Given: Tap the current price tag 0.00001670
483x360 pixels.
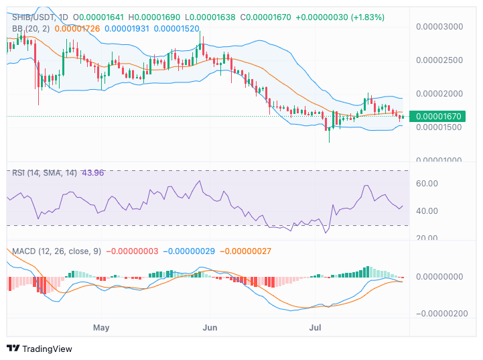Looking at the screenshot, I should click(x=439, y=116).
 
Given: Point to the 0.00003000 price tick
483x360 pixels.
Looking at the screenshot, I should click(x=439, y=27).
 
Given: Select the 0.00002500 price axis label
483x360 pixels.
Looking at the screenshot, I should click(x=439, y=60).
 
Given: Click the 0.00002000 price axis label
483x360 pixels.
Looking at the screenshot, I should click(x=439, y=94).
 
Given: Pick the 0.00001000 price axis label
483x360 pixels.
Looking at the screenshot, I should click(x=439, y=160).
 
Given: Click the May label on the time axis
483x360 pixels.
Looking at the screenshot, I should click(x=101, y=328).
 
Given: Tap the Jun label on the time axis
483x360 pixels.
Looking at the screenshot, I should click(x=210, y=328).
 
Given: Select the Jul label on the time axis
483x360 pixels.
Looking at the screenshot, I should click(x=316, y=328).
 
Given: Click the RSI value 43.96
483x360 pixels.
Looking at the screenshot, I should click(x=94, y=173).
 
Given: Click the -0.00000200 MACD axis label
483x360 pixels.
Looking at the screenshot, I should click(x=442, y=313).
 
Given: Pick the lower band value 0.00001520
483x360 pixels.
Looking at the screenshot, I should click(x=176, y=29).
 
